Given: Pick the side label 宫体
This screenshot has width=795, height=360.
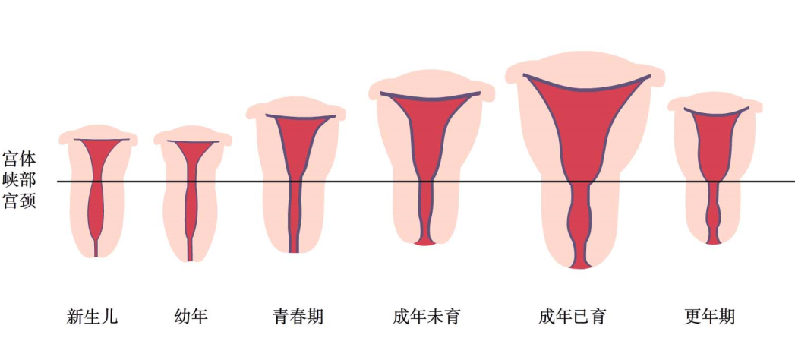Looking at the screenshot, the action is click(x=19, y=160).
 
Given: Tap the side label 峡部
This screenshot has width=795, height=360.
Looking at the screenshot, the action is click(x=19, y=182).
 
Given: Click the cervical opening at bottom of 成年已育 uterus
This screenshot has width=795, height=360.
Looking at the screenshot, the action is click(x=580, y=264).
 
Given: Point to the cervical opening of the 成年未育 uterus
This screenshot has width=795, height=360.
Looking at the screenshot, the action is click(x=425, y=242).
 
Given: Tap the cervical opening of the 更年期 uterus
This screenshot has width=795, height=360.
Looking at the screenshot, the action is click(x=714, y=241).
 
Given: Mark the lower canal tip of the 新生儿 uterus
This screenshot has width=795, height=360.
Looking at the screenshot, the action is click(x=96, y=253).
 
